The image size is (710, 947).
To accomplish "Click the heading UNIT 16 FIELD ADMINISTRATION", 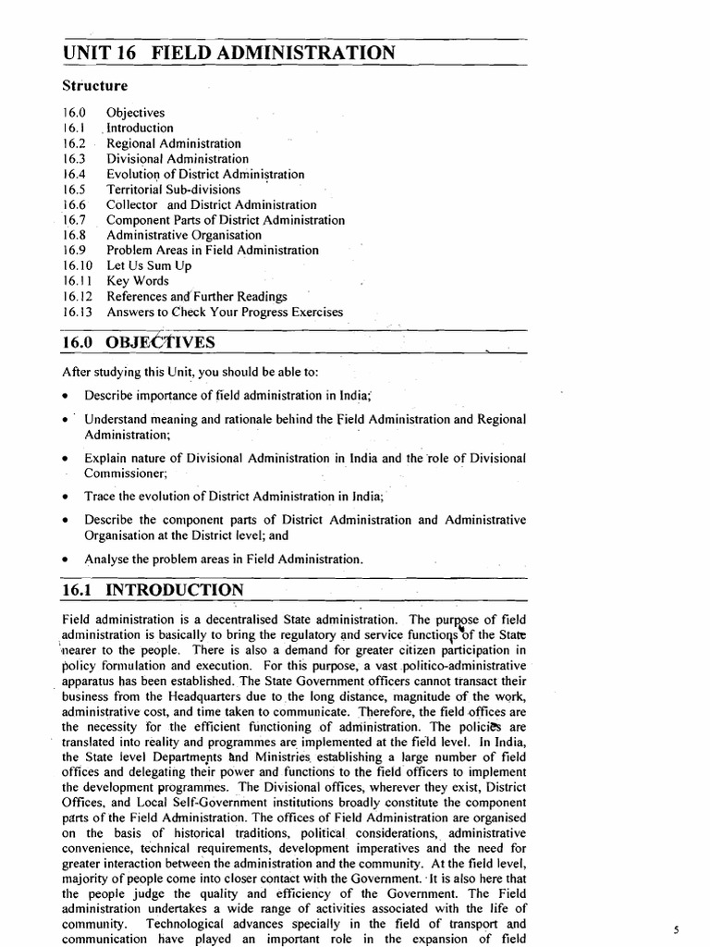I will (x=228, y=53).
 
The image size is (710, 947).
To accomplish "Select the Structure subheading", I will (x=94, y=86).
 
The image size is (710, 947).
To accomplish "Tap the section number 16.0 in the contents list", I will (x=75, y=113).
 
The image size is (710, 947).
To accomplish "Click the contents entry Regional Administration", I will (x=174, y=143).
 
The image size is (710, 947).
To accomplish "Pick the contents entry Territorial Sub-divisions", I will (x=173, y=190).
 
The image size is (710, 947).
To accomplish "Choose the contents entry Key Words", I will (x=138, y=281).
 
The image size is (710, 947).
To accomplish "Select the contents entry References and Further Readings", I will (x=197, y=297).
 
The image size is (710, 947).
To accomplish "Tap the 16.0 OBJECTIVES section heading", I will (x=138, y=342).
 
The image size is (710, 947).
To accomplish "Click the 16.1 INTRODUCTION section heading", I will (x=153, y=589).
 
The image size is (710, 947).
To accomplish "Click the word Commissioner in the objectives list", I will (x=125, y=473).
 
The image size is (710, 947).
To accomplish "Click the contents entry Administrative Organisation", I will (x=184, y=235).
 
